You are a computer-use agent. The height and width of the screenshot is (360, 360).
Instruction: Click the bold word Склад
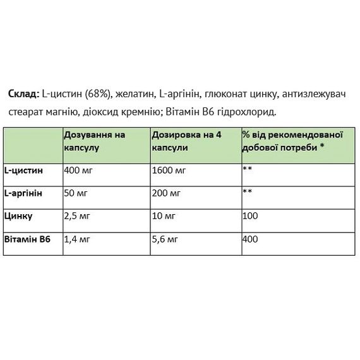[x=23, y=95]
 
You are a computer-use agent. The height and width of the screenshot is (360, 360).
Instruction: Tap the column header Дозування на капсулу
[x=95, y=140]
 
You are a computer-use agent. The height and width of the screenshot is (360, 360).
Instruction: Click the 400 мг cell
[x=78, y=170]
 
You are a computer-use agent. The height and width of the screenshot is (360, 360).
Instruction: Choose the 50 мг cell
[x=76, y=193]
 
